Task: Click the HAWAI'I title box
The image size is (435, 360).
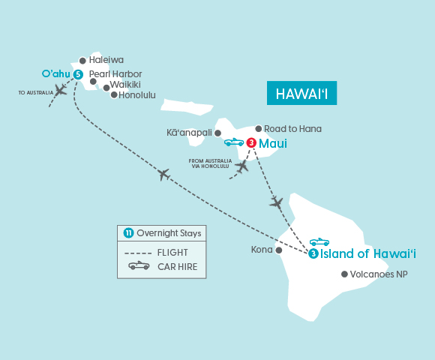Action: [x=302, y=94]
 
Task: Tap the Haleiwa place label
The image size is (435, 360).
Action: [x=106, y=59]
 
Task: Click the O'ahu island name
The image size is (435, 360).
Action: [x=55, y=73]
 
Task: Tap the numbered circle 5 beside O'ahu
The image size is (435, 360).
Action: [x=78, y=73]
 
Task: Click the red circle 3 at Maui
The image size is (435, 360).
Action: [x=251, y=143]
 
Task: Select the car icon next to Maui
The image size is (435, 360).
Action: [x=233, y=142]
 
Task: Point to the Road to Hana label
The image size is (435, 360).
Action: [x=293, y=129]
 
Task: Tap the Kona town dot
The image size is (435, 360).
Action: [x=279, y=250]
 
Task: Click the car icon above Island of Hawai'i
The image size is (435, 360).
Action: [x=319, y=241]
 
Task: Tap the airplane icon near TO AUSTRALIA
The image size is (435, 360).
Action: [x=61, y=90]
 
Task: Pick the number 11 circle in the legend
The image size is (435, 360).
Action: [x=127, y=233]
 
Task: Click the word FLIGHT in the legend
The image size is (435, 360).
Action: [x=172, y=252]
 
